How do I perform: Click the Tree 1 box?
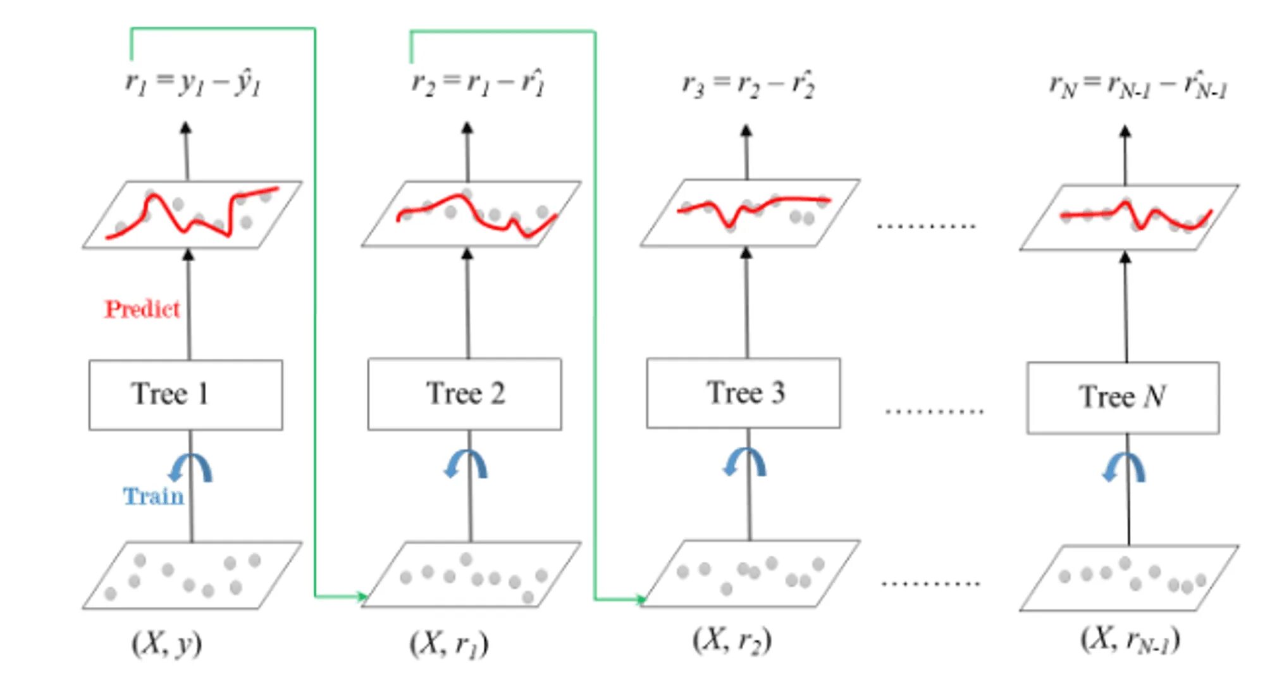pyautogui.click(x=185, y=395)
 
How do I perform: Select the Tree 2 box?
pyautogui.click(x=464, y=394)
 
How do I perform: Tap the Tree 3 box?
pyautogui.click(x=743, y=393)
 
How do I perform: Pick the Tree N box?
pyautogui.click(x=1123, y=397)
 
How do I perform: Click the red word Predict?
pyautogui.click(x=142, y=309)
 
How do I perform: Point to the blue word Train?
pyautogui.click(x=153, y=496)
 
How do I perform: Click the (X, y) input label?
pyautogui.click(x=166, y=644)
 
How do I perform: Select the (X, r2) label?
pyautogui.click(x=732, y=640)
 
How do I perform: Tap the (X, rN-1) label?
pyautogui.click(x=1130, y=639)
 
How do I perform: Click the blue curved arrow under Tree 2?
pyautogui.click(x=466, y=464)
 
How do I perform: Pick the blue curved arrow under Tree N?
pyautogui.click(x=1124, y=468)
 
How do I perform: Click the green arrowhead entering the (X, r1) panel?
pyautogui.click(x=362, y=596)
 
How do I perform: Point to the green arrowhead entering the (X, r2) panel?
pyautogui.click(x=641, y=599)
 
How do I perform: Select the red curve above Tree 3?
pyautogui.click(x=753, y=208)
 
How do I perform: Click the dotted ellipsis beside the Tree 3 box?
pyautogui.click(x=934, y=411)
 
